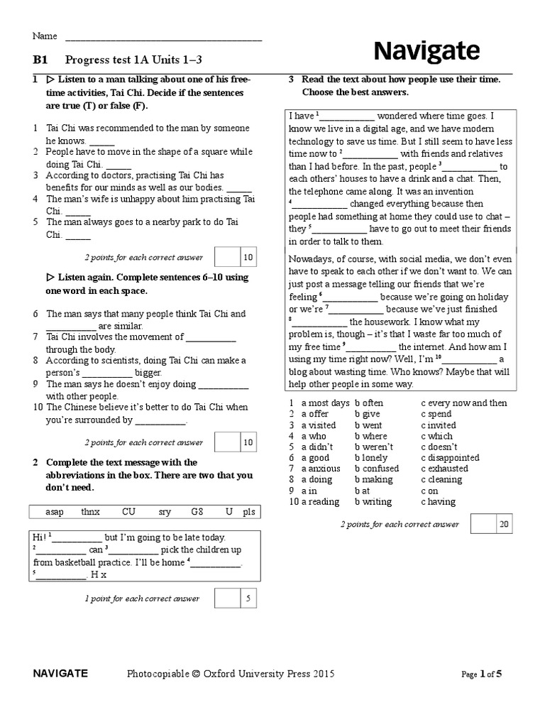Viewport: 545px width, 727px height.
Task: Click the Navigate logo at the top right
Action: [426, 50]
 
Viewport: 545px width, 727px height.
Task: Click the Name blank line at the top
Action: [163, 37]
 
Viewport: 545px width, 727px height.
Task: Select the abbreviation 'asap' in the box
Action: [54, 512]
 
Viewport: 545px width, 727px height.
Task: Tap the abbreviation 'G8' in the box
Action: [197, 512]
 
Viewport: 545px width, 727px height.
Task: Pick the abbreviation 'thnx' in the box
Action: [91, 512]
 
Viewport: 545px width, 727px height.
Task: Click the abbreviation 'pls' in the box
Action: [248, 512]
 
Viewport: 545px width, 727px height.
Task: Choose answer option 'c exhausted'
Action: [444, 469]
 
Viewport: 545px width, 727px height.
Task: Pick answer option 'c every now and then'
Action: [464, 403]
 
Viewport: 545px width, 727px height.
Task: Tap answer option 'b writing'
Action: [373, 502]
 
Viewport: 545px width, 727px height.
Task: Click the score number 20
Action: [505, 525]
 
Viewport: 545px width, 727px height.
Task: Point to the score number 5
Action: [248, 598]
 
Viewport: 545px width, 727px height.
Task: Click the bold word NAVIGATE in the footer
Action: [60, 674]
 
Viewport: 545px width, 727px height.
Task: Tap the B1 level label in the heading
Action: [40, 61]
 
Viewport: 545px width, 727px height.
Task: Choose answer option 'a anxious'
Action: [321, 469]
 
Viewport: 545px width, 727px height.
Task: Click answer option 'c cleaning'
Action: [441, 480]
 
